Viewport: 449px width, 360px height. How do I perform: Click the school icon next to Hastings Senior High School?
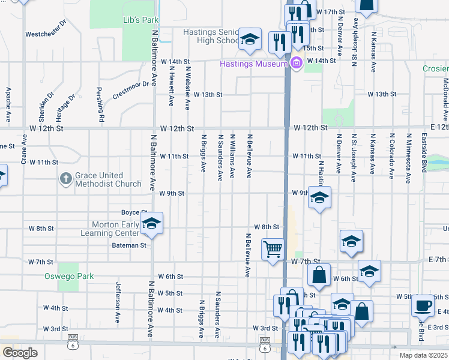[x=249, y=40]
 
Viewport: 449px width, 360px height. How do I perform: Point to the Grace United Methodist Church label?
[x=108, y=179]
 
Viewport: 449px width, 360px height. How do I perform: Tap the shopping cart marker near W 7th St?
[x=273, y=248]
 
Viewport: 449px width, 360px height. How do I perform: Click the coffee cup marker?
[x=423, y=306]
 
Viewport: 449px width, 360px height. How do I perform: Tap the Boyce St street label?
[x=134, y=212]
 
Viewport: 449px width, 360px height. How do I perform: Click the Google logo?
[x=20, y=353]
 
